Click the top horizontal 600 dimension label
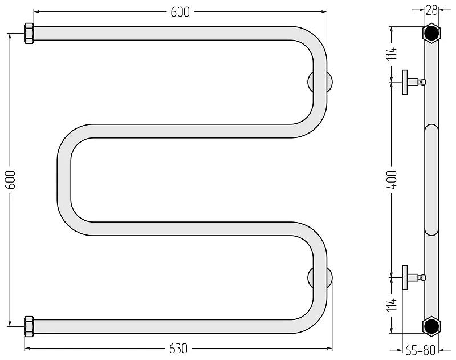180,12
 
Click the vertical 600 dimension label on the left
10,180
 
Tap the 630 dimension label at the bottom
178,349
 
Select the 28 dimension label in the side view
431,10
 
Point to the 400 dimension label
392,180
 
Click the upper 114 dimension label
392,54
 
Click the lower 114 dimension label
392,305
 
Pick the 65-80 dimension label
420,350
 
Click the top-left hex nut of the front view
29,34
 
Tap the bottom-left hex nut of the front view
29,326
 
